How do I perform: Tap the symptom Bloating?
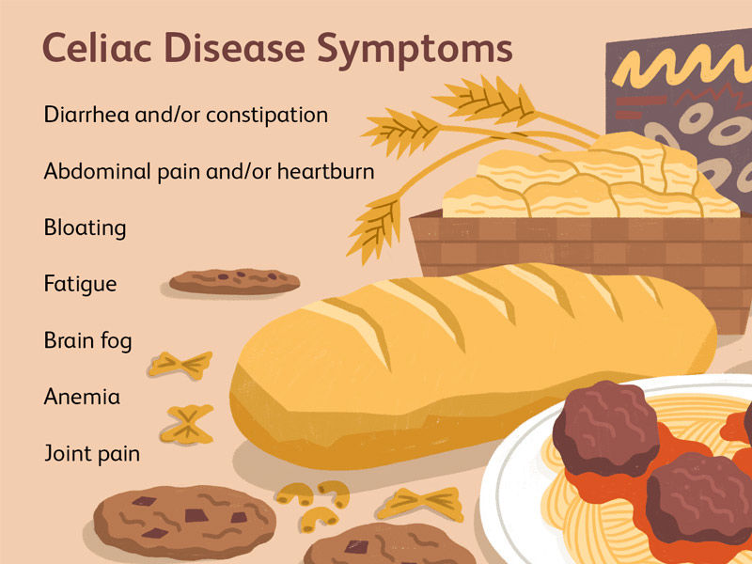click(85, 228)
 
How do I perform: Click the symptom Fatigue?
click(80, 284)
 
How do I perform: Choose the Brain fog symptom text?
click(87, 340)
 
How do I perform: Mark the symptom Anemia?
click(82, 397)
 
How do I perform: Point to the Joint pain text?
click(91, 453)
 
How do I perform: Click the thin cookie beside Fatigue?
click(234, 280)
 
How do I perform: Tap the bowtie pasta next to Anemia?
click(189, 423)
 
